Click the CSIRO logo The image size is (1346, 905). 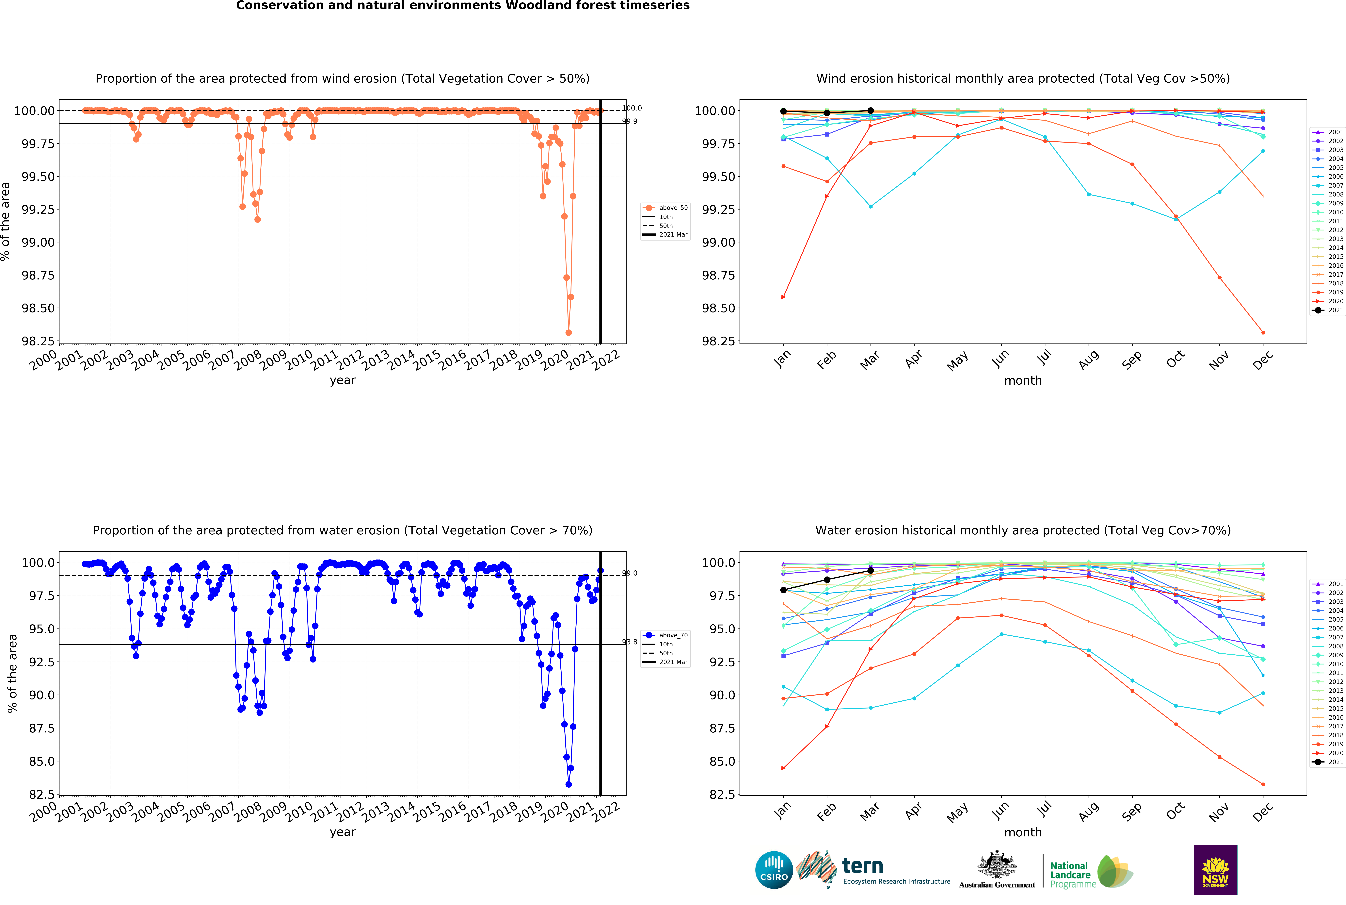pos(774,870)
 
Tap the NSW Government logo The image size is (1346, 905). pos(1215,870)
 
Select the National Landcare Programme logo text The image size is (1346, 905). pos(1070,874)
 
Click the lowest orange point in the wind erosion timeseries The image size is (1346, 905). pos(569,332)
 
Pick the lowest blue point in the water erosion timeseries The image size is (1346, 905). pos(569,784)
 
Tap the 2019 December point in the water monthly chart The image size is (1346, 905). pos(1263,784)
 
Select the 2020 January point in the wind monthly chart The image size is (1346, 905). pos(783,297)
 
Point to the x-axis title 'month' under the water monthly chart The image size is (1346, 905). pos(1023,832)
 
